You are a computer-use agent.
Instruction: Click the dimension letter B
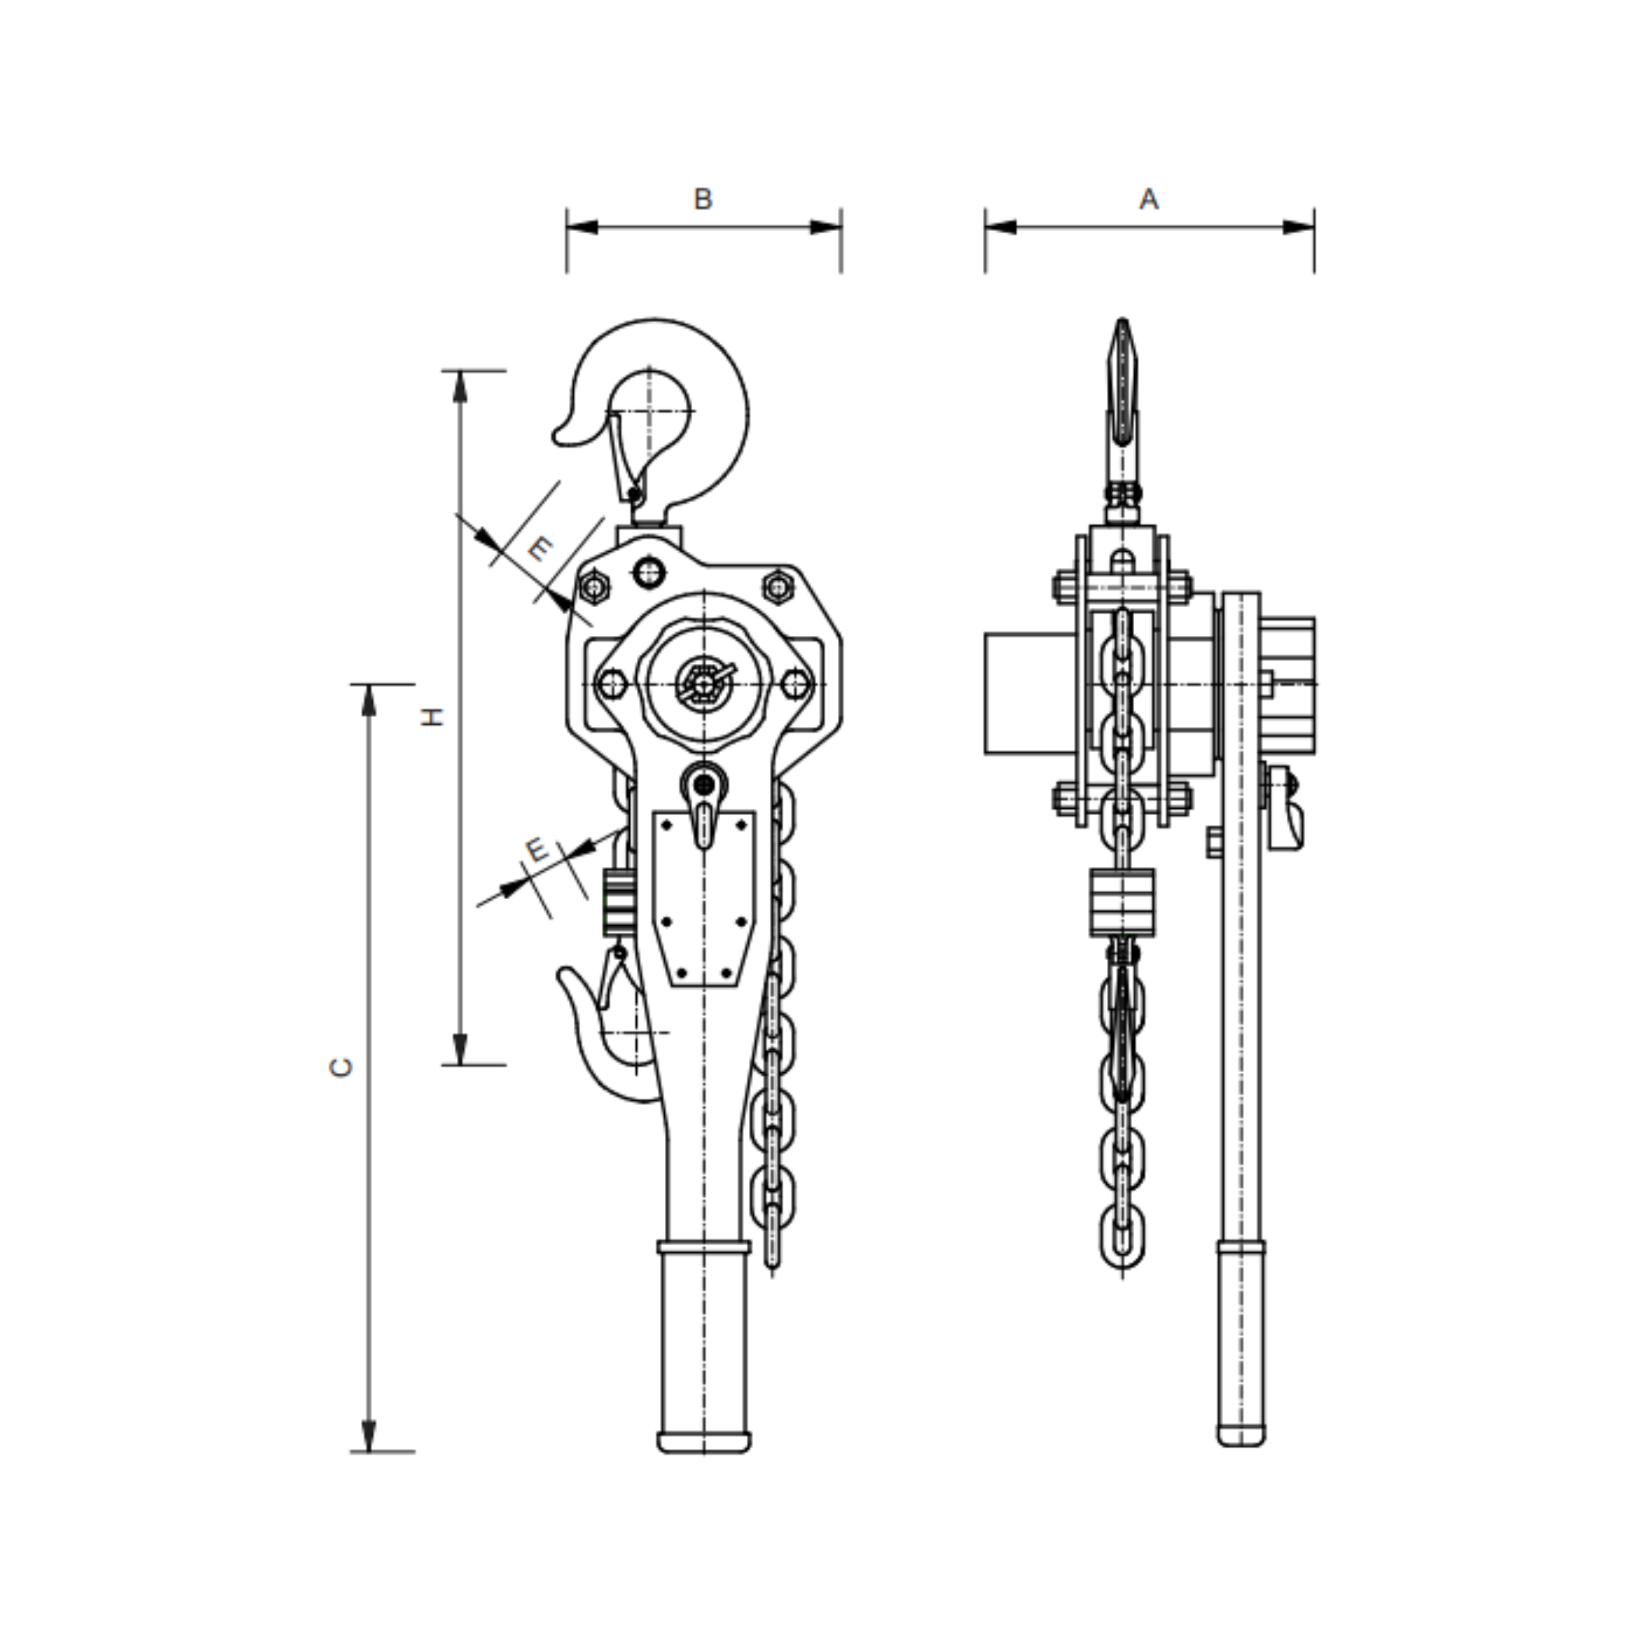[x=703, y=199]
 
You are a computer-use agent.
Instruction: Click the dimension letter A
[x=1149, y=199]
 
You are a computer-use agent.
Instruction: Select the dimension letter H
[x=434, y=717]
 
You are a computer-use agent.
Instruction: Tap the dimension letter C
[x=341, y=1067]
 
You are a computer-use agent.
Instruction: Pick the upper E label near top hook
[x=539, y=548]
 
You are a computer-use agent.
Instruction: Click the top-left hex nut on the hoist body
[x=594, y=587]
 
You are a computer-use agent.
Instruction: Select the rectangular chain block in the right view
[x=1122, y=903]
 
